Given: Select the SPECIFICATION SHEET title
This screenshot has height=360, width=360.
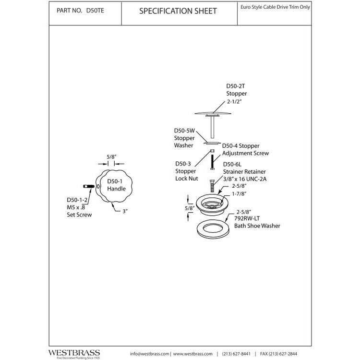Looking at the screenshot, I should click(178, 11).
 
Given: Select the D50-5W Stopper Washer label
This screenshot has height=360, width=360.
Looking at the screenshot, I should click(184, 137).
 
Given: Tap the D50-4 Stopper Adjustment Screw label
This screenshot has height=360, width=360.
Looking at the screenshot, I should click(245, 149).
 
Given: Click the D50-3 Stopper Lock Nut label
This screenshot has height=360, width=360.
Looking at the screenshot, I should click(185, 170).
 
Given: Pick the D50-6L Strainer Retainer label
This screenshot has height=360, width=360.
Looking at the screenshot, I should click(244, 168).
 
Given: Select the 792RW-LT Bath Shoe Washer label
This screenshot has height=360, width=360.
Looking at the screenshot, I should click(256, 221).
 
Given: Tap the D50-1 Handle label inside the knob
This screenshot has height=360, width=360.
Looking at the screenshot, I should click(116, 185).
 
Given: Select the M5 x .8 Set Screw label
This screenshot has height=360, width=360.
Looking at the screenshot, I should click(79, 207).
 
